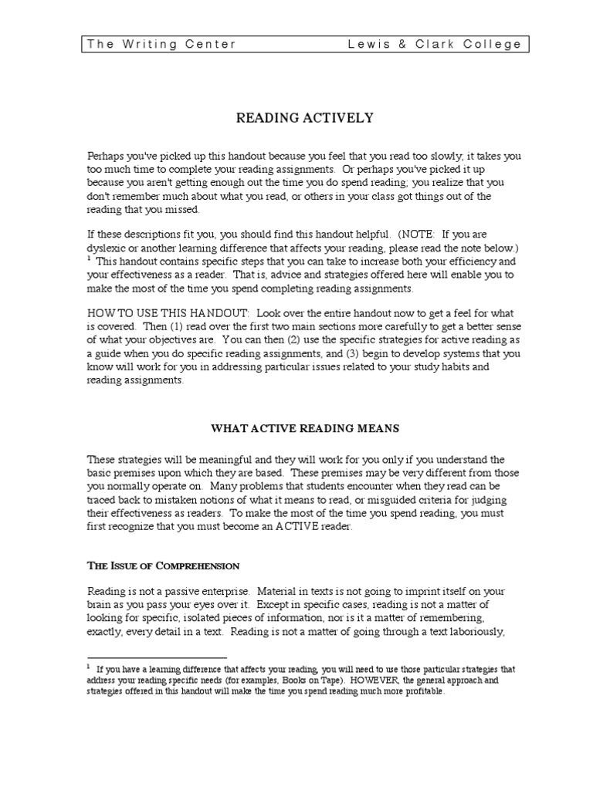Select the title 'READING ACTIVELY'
[303, 118]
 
